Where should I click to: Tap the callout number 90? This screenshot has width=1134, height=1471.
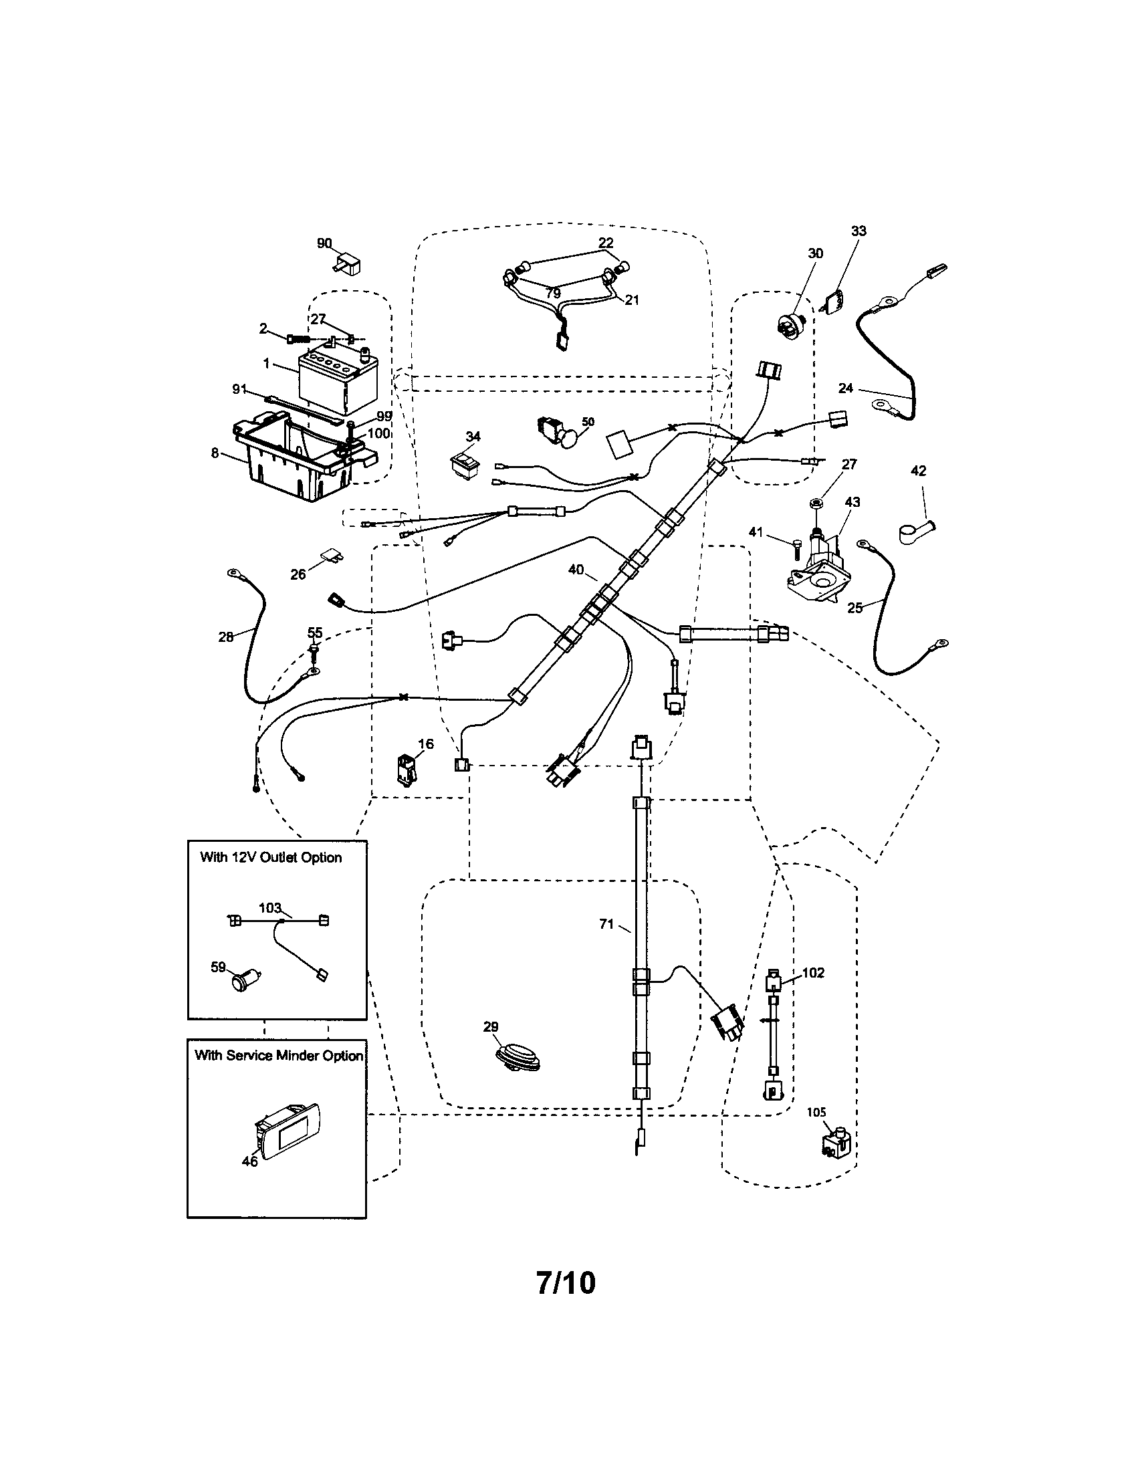pos(324,243)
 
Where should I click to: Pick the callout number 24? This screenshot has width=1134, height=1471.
pos(846,388)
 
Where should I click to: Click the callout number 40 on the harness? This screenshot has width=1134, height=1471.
pos(576,570)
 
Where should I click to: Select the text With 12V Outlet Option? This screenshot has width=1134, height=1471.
pos(271,857)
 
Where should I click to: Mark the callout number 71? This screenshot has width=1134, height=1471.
pos(606,925)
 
